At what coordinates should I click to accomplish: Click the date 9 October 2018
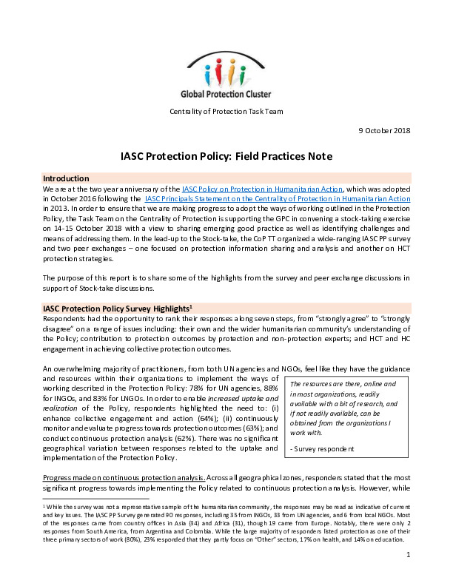(379, 130)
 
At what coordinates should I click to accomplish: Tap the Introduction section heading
(67, 179)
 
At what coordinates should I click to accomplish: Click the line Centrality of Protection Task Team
(226, 112)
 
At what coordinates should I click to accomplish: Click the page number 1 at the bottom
(408, 575)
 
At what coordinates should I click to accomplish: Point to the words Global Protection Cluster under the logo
(226, 94)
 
